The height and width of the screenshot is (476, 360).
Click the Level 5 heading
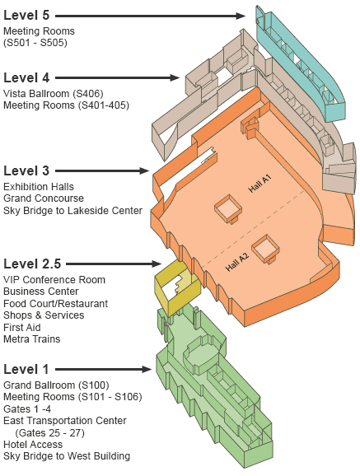click(x=26, y=15)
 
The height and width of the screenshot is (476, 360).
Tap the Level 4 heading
click(x=26, y=77)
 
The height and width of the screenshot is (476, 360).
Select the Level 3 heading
click(x=26, y=170)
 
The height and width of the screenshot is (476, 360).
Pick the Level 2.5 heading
click(x=32, y=264)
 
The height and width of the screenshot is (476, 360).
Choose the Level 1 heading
click(x=26, y=369)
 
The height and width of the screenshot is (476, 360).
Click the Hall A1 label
click(x=259, y=184)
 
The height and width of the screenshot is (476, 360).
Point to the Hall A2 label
click(x=237, y=262)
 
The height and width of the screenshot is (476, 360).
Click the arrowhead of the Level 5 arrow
click(x=241, y=16)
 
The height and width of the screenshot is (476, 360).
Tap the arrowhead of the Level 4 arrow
click(x=175, y=78)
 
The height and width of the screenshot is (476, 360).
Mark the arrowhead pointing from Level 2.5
click(x=157, y=264)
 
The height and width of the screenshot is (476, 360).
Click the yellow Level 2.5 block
click(x=177, y=288)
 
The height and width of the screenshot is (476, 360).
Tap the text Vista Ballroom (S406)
click(x=54, y=94)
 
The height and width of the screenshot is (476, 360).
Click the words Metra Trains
click(x=32, y=338)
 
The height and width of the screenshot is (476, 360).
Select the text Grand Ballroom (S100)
click(x=56, y=385)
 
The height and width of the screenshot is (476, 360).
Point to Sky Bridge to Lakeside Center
click(x=73, y=210)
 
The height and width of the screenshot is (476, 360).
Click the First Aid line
click(x=22, y=327)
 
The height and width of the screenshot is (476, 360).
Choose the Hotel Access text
click(x=33, y=445)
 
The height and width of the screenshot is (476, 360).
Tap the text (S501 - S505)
click(x=35, y=43)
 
